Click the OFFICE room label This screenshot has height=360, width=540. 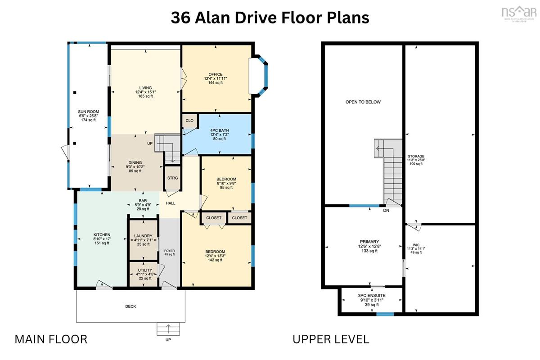[x=216, y=74]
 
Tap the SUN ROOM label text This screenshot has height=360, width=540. [x=89, y=112]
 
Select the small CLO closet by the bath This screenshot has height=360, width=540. [x=190, y=121]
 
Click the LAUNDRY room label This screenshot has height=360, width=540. [x=143, y=236]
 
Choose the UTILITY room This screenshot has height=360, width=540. [x=144, y=274]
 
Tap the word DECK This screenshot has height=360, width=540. [x=130, y=306]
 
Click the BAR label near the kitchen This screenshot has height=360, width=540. [x=143, y=201]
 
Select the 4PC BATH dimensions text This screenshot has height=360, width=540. [x=220, y=135]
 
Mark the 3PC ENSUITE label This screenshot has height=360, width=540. [x=372, y=295]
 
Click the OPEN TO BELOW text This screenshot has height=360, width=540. [x=363, y=102]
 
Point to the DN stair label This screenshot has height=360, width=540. [x=386, y=210]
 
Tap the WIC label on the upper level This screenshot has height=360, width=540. [x=416, y=245]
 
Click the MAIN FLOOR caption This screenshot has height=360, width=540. [x=51, y=339]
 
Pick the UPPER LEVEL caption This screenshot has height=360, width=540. [x=331, y=339]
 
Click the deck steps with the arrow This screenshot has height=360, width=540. [x=168, y=329]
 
